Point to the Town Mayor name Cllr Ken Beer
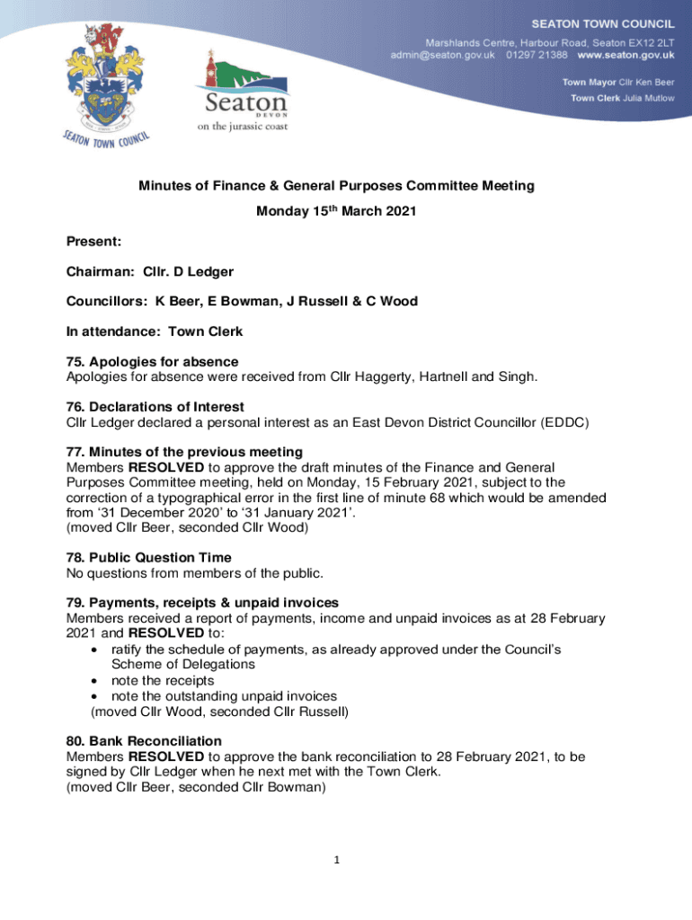[x=646, y=82]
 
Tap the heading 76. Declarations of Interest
[x=155, y=407]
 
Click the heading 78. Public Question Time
[x=149, y=558]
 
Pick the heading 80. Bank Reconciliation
[x=144, y=741]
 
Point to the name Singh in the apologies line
[x=519, y=376]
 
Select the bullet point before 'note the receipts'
[x=95, y=680]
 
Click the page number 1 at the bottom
[x=336, y=861]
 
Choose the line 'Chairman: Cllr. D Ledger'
[x=155, y=270]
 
